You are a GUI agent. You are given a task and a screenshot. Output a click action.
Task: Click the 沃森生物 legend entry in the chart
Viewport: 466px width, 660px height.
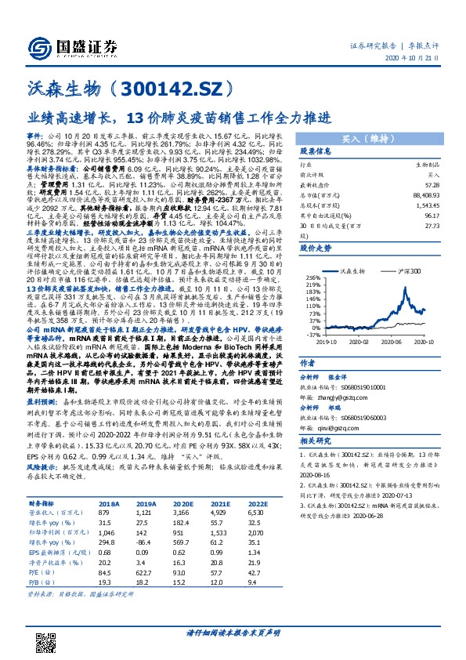351,270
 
